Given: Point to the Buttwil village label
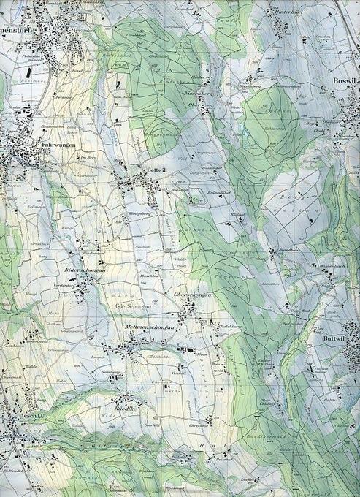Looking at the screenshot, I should point(333,341).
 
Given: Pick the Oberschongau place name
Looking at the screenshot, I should point(192,295).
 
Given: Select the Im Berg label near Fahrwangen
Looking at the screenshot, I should point(89,156).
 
